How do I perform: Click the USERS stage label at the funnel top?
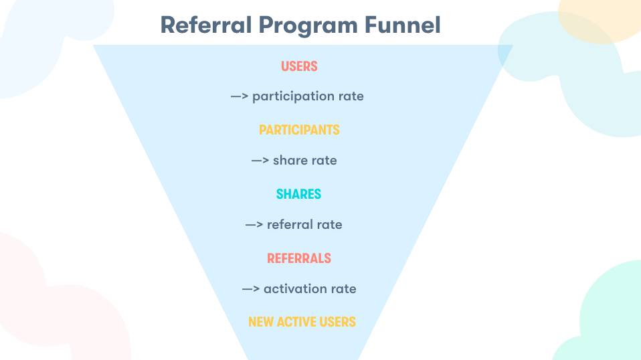[299, 66]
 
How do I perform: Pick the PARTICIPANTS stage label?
[299, 130]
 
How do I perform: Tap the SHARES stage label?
[298, 194]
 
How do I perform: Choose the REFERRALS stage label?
[299, 258]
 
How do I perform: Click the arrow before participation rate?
[240, 96]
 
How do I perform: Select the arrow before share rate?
[260, 161]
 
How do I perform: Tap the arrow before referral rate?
[254, 225]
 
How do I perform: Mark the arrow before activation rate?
[251, 289]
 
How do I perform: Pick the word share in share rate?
[290, 161]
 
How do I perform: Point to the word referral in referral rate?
[290, 225]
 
